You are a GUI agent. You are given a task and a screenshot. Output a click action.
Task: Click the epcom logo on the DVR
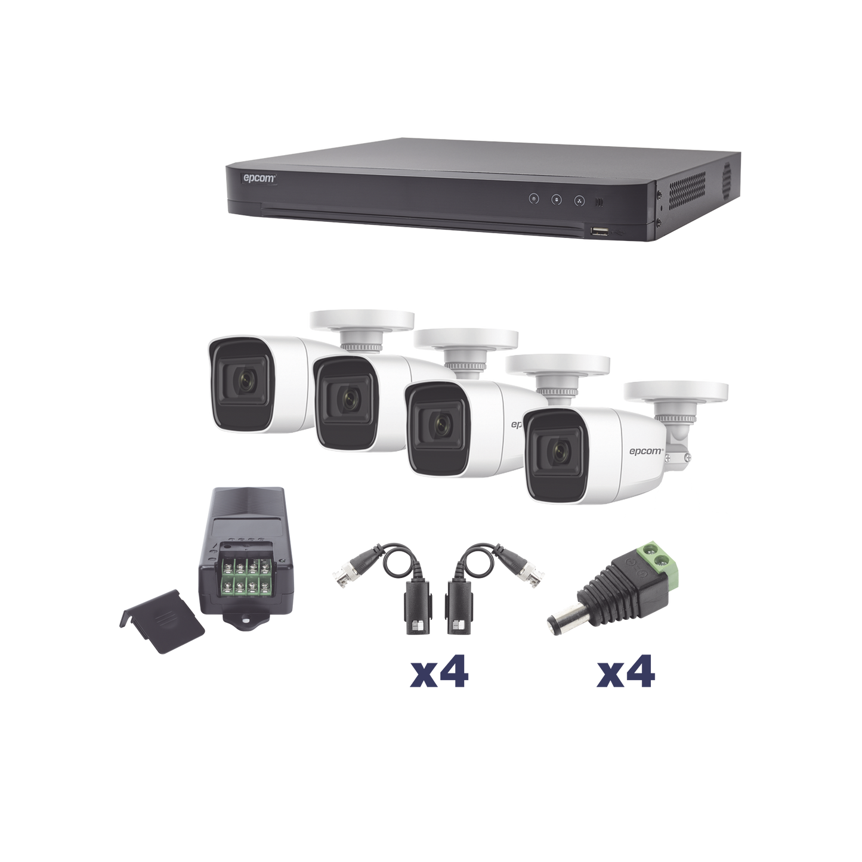click(259, 178)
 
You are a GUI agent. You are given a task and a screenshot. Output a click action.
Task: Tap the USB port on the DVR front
click(599, 231)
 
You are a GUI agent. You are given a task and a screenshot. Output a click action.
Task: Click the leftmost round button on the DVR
click(533, 199)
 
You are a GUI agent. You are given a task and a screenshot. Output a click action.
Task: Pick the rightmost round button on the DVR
click(579, 200)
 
